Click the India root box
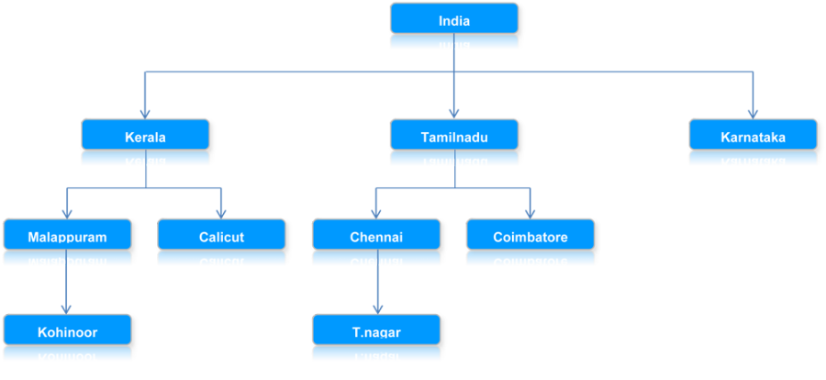(x=454, y=19)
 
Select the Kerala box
(x=146, y=137)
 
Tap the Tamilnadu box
(x=454, y=137)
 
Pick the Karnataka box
(x=753, y=137)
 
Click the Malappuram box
(x=67, y=236)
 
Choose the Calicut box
(x=222, y=236)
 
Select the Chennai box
(x=376, y=236)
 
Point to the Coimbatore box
(x=530, y=236)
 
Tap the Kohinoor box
(x=67, y=331)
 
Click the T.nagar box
(x=376, y=331)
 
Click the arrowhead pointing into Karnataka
(x=753, y=113)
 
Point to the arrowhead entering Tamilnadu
(x=454, y=113)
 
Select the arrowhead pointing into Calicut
(x=222, y=212)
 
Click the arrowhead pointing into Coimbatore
(x=530, y=212)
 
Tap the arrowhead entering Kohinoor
(x=67, y=307)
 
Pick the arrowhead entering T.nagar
(x=376, y=307)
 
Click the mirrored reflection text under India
(x=454, y=43)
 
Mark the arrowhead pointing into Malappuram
(x=67, y=212)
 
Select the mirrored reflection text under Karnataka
(x=753, y=161)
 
